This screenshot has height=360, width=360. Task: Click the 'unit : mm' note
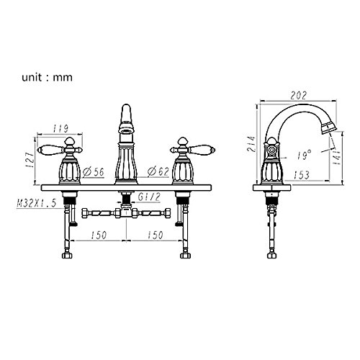click(47, 78)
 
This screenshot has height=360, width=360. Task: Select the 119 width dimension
click(60, 128)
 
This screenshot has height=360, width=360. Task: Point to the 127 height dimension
click(30, 159)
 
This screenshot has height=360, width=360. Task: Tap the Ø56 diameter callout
click(94, 172)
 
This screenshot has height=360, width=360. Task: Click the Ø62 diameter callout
click(158, 171)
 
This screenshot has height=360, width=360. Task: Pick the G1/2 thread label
click(149, 197)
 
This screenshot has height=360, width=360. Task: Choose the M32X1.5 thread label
click(36, 203)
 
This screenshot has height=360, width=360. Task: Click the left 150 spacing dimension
click(99, 235)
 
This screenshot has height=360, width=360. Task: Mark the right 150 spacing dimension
click(156, 235)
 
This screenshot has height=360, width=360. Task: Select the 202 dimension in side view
click(298, 96)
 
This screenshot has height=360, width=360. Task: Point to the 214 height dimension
click(252, 144)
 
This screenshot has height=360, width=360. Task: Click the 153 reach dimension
click(302, 175)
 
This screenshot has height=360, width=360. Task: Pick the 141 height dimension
click(337, 157)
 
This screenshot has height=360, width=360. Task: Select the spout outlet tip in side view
click(329, 128)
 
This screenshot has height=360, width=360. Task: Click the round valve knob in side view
click(271, 150)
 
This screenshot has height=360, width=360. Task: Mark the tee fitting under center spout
click(127, 212)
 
